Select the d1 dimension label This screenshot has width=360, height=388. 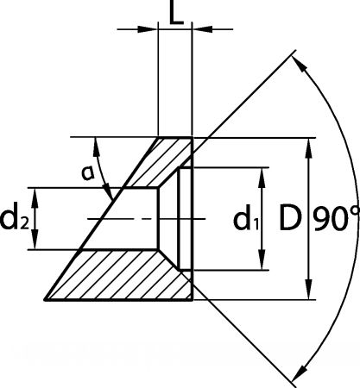tap(246, 221)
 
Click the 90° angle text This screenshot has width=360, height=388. tap(336, 218)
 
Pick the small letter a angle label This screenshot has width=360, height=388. tap(87, 173)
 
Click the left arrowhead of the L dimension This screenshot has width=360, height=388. tap(148, 29)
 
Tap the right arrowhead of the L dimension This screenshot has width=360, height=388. tap(202, 29)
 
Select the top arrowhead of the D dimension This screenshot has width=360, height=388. tap(309, 148)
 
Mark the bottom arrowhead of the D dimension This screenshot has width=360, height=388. tap(309, 290)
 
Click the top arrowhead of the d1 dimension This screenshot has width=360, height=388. tap(262, 178)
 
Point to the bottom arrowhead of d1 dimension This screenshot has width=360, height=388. tap(262, 260)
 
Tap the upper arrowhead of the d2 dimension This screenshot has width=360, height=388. tap(35, 198)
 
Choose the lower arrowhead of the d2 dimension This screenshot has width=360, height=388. tap(35, 239)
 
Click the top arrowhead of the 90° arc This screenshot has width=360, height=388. tap(299, 65)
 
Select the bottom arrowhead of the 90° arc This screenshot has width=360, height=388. tap(299, 372)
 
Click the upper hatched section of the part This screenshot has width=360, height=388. tap(161, 162)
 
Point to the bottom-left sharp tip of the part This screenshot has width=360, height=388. tap(45, 300)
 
